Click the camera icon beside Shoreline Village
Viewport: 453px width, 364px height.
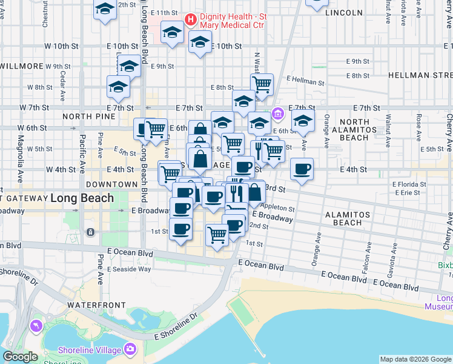[x=130, y=349]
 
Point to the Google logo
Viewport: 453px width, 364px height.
[x=20, y=357]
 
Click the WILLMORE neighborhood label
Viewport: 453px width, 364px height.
[x=22, y=66]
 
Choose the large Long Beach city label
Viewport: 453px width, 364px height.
[x=82, y=198]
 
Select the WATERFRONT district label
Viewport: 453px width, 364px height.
[x=96, y=305]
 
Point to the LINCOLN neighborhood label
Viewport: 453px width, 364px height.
[x=343, y=12]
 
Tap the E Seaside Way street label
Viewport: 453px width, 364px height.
[x=129, y=269]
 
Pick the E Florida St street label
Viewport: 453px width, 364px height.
[x=409, y=184]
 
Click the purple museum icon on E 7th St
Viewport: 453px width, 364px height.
[x=278, y=113]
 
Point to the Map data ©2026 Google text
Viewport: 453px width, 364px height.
[x=415, y=359]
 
